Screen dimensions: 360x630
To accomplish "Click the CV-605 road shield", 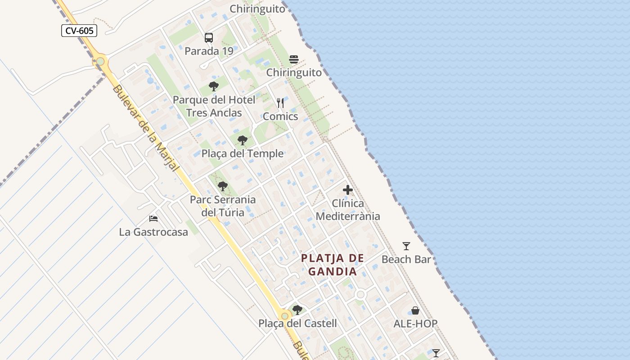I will point(79,31).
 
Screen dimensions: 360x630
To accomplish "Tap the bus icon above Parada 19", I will point(209,38).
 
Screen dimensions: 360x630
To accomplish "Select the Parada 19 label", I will point(209,51).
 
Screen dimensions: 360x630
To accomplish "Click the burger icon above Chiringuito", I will point(294,59).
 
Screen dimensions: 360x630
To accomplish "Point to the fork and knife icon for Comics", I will point(280,103).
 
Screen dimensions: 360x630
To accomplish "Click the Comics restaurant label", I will point(280,116).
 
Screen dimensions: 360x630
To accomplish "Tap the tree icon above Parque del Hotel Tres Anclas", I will point(214,86).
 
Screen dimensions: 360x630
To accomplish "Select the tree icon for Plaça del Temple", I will point(243,140).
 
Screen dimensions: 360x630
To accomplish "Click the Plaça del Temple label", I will point(243,153).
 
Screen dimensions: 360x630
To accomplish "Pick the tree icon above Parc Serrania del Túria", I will point(222,186).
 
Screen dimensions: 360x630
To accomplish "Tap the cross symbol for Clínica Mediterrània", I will point(348,190).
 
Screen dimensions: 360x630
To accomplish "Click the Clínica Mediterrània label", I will point(348,210).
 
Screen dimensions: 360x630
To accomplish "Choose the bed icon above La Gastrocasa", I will point(153,219).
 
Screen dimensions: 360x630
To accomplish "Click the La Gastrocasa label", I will point(153,232).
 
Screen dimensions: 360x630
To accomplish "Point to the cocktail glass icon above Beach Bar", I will point(406,246).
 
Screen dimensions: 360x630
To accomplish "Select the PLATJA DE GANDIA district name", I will point(333,265).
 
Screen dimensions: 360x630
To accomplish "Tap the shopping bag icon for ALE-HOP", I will point(415,310).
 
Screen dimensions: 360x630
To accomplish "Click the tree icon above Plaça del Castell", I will point(297,310).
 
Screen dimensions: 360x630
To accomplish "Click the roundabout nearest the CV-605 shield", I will point(100,61).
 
